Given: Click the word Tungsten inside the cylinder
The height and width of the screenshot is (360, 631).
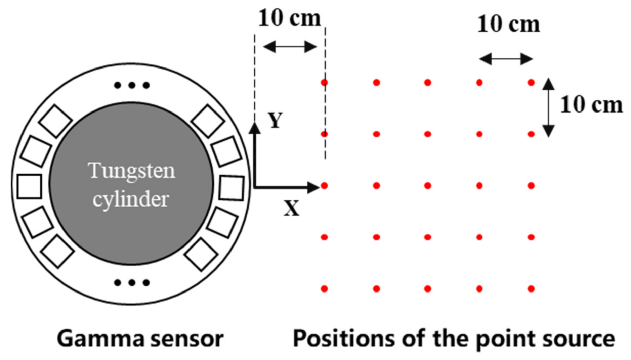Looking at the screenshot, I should pos(131,171).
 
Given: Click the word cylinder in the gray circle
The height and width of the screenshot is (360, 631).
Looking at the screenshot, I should pos(131,199).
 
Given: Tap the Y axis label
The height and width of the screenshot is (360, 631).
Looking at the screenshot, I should pos(275,120).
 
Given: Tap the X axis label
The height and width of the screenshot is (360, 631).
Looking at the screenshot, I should pos(291,209).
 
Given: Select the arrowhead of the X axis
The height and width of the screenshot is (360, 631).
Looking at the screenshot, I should pos(314,187).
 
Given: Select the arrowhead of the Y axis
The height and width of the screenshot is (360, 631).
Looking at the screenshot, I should pos(255,128).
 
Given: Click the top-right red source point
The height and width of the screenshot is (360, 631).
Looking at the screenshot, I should pos(531,83).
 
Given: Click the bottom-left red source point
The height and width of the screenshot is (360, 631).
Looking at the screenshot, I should pos(324,288).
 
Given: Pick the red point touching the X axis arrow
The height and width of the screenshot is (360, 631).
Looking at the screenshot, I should pos(324,186).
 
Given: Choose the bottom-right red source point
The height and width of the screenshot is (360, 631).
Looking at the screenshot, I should pos(531,288).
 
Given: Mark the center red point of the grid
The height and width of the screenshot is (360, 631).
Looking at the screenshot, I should pos(428,186).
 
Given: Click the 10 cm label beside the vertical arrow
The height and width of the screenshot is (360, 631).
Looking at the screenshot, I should pos(591,105).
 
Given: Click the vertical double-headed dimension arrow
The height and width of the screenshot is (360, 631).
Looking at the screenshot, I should pos(548,107).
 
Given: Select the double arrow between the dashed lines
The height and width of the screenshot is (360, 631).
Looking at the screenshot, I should pos(290,47).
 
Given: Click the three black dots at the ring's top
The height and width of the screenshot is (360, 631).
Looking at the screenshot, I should pos(132,85).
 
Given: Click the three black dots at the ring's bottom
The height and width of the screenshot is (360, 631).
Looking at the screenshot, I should pos(132,283).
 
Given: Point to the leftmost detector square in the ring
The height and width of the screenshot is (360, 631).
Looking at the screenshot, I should pos(30,186).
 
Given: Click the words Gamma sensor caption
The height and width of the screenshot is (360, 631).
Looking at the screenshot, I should pos(140,339).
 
